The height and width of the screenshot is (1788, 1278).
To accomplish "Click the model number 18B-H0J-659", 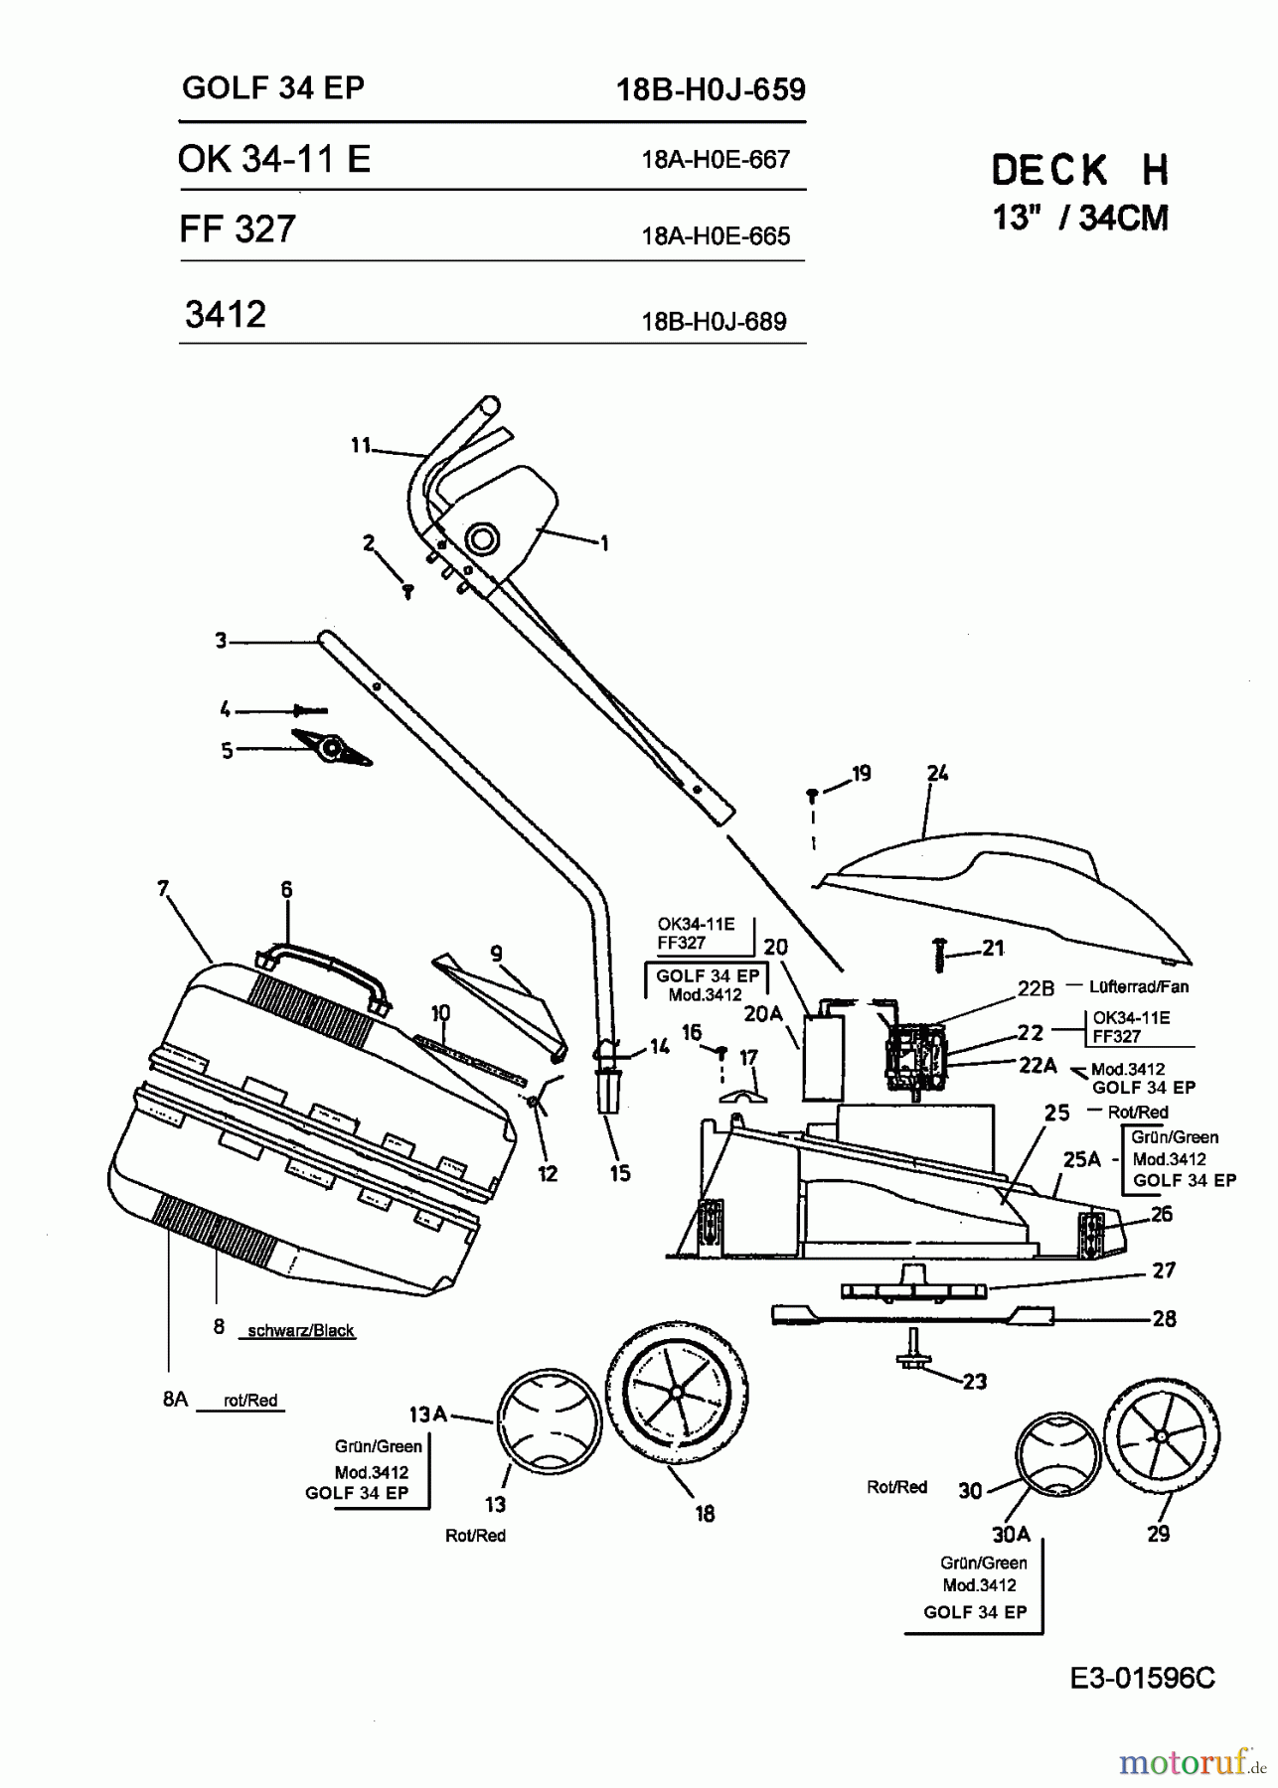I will [711, 90].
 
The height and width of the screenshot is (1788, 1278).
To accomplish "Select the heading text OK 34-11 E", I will [274, 159].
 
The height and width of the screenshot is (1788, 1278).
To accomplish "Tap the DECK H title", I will [1079, 171].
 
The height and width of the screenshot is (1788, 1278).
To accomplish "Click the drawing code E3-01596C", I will [1142, 1678].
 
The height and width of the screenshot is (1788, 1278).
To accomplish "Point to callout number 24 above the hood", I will [937, 773].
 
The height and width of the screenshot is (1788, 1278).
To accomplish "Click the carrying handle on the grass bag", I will [321, 967].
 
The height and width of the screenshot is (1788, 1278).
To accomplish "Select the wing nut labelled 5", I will [331, 747].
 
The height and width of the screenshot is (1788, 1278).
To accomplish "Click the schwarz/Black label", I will [300, 1330].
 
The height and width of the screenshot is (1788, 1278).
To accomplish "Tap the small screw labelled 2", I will [406, 592].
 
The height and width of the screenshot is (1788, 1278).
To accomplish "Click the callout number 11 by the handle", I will [360, 446].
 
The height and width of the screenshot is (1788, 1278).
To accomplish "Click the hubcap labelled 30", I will [1057, 1455].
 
